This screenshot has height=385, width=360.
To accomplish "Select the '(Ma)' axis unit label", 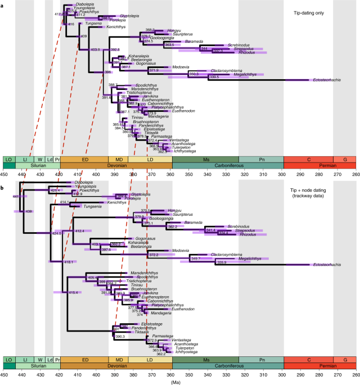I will pos(179,381).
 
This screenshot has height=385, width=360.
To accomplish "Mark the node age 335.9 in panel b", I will pos(220,262).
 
